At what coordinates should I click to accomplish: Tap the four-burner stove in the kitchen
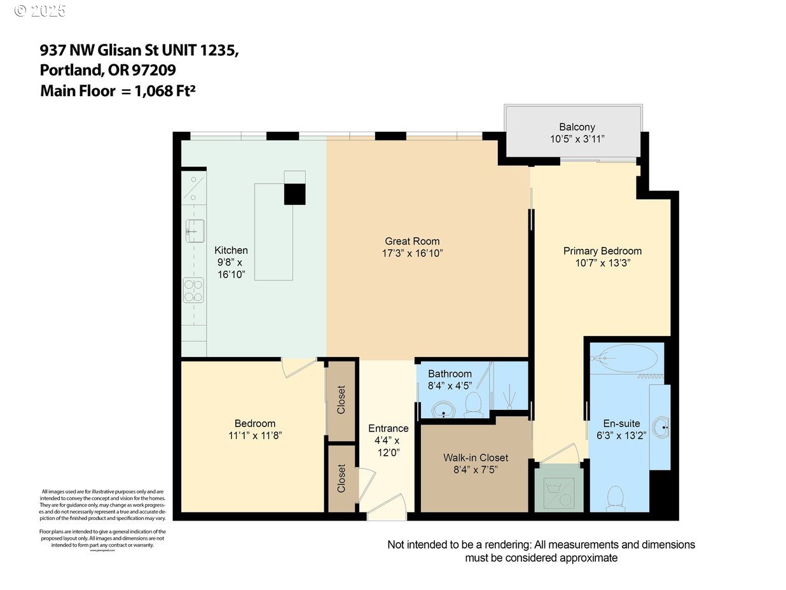(193, 290)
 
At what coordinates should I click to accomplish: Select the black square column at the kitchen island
(294, 193)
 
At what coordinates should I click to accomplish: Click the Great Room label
(412, 241)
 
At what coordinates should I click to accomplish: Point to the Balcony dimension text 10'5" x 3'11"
(577, 139)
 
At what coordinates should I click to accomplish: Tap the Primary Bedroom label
(602, 251)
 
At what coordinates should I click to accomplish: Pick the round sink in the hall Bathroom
(441, 407)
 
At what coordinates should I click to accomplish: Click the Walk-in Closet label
(476, 458)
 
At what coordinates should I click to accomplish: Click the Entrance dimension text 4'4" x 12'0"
(388, 446)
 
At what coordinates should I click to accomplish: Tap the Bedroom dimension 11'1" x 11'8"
(254, 435)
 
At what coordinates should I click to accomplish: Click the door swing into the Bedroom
(298, 367)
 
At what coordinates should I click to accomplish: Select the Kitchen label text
(231, 250)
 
